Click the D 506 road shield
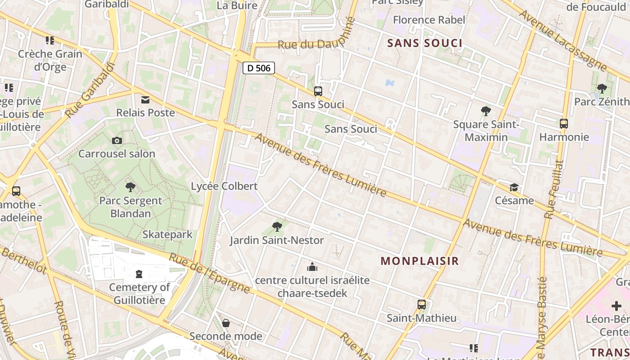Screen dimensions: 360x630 pyautogui.click(x=259, y=68)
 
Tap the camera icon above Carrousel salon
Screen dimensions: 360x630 pyautogui.click(x=117, y=141)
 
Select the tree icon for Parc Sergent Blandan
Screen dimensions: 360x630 pyautogui.click(x=130, y=187)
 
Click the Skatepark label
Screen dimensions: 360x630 pyautogui.click(x=167, y=234)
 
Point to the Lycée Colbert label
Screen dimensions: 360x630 pyautogui.click(x=224, y=186)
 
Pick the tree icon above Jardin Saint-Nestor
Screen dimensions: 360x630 pyautogui.click(x=277, y=226)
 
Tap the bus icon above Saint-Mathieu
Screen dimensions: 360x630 pyautogui.click(x=421, y=305)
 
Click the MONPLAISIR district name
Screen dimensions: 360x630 pyautogui.click(x=419, y=261)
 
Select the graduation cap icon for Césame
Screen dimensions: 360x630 pyautogui.click(x=514, y=187)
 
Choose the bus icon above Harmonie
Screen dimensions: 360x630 pyautogui.click(x=563, y=124)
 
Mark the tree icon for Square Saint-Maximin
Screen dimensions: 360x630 pyautogui.click(x=486, y=111)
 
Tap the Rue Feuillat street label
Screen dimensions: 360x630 pyautogui.click(x=554, y=189)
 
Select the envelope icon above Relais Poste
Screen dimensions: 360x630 pyautogui.click(x=145, y=99)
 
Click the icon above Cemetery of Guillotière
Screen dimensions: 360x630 pyautogui.click(x=139, y=274)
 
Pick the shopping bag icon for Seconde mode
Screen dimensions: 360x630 pyautogui.click(x=226, y=323)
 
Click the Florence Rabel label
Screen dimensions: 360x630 pyautogui.click(x=429, y=20)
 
